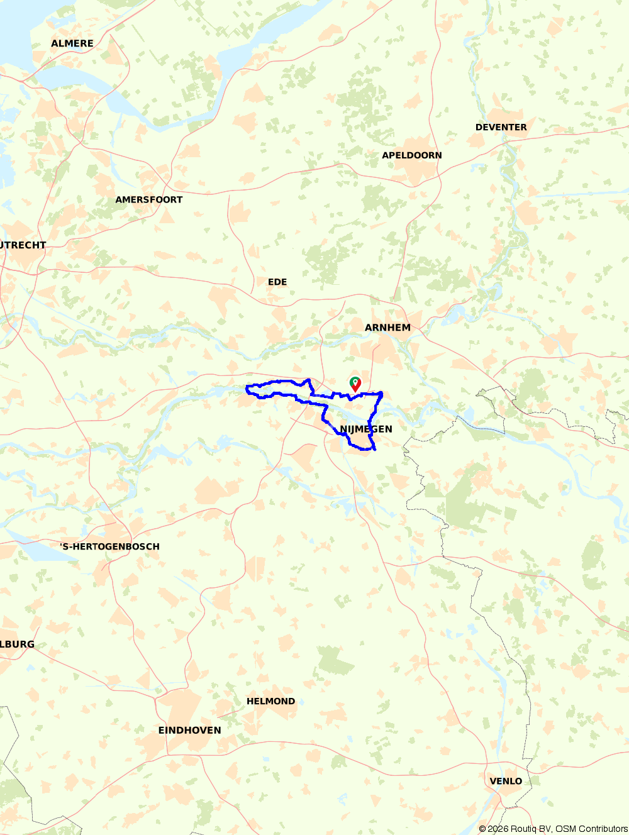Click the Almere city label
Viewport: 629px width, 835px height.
coord(72,43)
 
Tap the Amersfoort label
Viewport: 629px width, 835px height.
coord(149,199)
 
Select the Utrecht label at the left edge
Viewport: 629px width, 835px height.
coord(23,245)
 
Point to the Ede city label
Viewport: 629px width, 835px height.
coord(277,282)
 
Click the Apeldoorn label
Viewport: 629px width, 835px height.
coord(412,155)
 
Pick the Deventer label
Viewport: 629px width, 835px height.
coord(501,127)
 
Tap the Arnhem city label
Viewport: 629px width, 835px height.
coord(387,328)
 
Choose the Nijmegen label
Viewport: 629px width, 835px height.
coord(366,429)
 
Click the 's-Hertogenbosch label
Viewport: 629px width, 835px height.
coord(110,546)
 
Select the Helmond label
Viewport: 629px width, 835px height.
coord(270,701)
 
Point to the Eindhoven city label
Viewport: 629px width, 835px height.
coord(189,730)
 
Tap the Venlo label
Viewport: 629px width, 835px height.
coord(506,781)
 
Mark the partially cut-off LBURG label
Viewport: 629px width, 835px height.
coord(17,644)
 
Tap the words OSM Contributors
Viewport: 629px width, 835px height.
coord(592,829)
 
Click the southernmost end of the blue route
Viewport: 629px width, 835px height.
coord(375,450)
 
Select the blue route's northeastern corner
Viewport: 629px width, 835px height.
coord(381,393)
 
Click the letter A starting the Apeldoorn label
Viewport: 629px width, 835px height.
coord(386,155)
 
